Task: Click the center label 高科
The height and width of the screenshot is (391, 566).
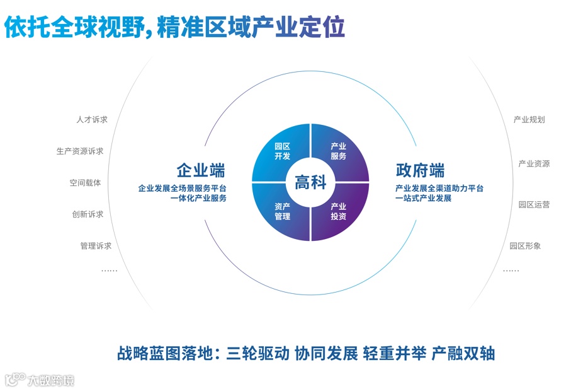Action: pyautogui.click(x=310, y=183)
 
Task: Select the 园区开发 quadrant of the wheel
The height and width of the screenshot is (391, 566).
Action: pyautogui.click(x=282, y=151)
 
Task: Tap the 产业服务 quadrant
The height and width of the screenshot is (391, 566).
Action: pyautogui.click(x=339, y=151)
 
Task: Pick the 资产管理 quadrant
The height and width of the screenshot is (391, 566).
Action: pyautogui.click(x=282, y=212)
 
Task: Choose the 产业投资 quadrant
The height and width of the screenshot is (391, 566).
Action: pyautogui.click(x=339, y=212)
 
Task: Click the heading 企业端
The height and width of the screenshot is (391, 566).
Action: pyautogui.click(x=201, y=170)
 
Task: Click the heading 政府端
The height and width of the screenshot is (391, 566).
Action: pyautogui.click(x=420, y=170)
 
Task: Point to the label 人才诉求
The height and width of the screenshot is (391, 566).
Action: pyautogui.click(x=92, y=120)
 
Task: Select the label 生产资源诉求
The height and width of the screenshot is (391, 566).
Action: pyautogui.click(x=80, y=151)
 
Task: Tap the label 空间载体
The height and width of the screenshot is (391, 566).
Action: pyautogui.click(x=85, y=183)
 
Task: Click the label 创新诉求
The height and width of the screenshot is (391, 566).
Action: pyautogui.click(x=88, y=214)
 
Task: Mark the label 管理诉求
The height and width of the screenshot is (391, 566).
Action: pyautogui.click(x=96, y=246)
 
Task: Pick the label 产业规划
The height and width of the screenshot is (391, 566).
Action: pyautogui.click(x=529, y=120)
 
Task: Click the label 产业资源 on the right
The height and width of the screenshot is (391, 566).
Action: pyautogui.click(x=534, y=164)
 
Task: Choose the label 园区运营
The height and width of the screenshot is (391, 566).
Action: pyautogui.click(x=534, y=205)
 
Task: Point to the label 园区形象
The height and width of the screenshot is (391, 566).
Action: pyautogui.click(x=525, y=246)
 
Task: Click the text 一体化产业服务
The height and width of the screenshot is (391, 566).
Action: pyautogui.click(x=198, y=199)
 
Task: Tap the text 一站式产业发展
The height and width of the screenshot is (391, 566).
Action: pyautogui.click(x=423, y=199)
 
